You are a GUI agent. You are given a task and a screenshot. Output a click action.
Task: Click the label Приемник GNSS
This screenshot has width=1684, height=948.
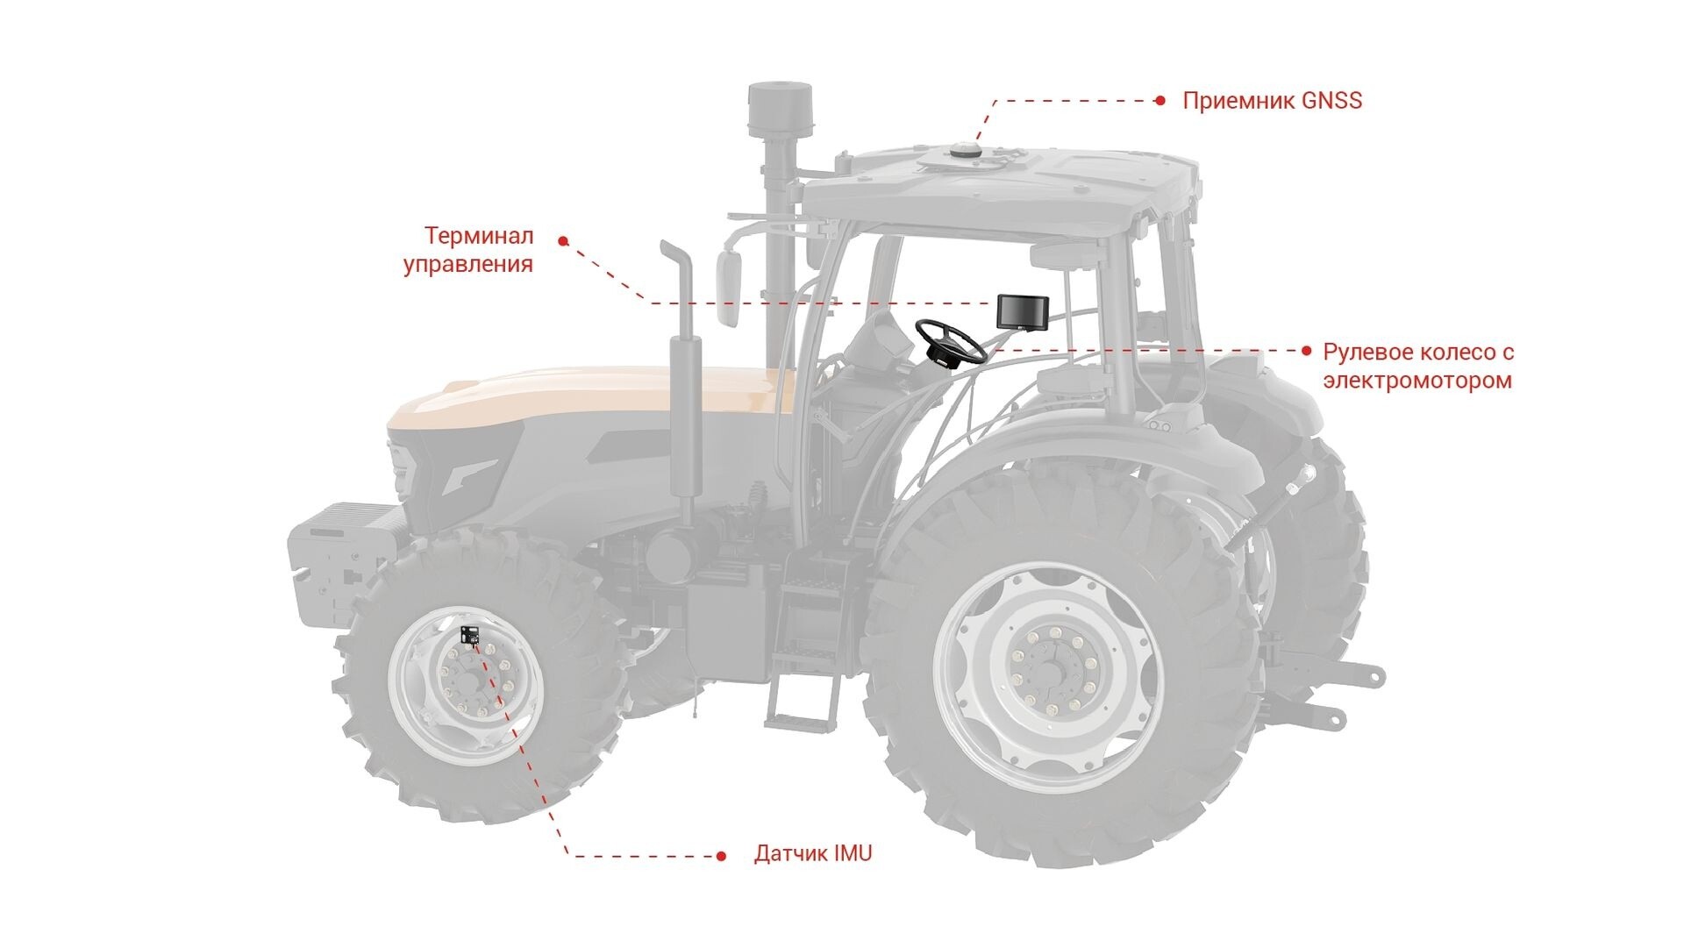(x=1272, y=101)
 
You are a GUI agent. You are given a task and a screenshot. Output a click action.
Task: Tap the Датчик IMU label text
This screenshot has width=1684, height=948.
(x=813, y=853)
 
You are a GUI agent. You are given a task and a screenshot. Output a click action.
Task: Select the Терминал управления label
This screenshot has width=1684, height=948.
(x=468, y=250)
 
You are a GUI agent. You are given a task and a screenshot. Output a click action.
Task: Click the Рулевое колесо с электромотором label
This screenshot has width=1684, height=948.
(x=1418, y=367)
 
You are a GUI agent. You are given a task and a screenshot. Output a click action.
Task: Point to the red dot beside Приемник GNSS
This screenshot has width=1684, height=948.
(x=1160, y=101)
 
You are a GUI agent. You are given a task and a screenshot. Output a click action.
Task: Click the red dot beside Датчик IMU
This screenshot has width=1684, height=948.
(x=721, y=856)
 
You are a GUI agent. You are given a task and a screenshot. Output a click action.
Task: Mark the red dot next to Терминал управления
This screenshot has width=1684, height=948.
(x=563, y=240)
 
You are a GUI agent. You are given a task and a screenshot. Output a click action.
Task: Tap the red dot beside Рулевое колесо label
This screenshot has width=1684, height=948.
(x=1307, y=351)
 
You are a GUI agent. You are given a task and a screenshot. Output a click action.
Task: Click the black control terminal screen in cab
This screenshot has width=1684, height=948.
(x=1022, y=310)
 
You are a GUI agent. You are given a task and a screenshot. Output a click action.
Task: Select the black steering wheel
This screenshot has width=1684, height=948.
(x=950, y=342)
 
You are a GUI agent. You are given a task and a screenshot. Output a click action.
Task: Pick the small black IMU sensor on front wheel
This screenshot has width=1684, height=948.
(x=470, y=635)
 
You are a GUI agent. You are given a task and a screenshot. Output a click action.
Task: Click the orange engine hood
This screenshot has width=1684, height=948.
(x=596, y=395)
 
